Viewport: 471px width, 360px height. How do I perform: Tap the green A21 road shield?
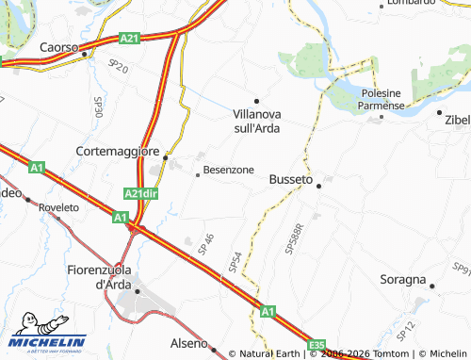tap(129, 38)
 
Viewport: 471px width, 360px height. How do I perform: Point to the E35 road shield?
tap(318, 344)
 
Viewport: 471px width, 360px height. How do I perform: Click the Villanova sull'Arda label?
tap(257, 119)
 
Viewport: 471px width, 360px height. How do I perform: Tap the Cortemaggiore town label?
tap(119, 150)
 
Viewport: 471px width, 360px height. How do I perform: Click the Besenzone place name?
tap(228, 170)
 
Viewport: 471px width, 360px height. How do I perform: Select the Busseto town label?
tap(290, 178)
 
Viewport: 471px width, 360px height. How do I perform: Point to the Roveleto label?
tap(58, 206)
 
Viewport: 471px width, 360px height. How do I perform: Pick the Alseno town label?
tap(187, 343)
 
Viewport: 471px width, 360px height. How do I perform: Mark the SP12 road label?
tap(405, 330)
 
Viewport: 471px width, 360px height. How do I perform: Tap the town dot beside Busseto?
tap(318, 186)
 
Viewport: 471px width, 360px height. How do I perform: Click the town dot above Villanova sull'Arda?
tap(255, 100)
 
